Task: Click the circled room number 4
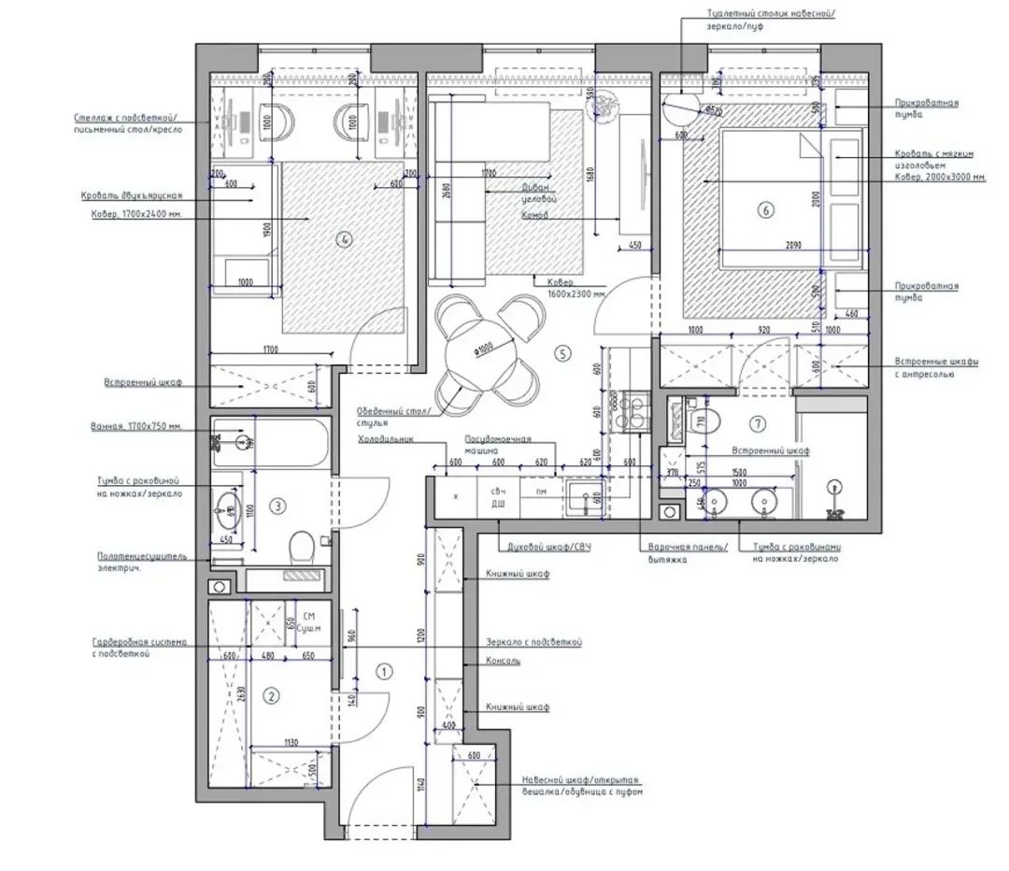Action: [346, 239]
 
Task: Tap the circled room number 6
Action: [766, 211]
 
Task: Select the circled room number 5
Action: [561, 352]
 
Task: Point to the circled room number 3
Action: [277, 507]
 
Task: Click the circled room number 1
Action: [383, 672]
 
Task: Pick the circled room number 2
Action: [271, 695]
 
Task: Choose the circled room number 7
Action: [758, 423]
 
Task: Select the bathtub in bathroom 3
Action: [270, 443]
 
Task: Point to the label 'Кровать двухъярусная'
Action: [130, 196]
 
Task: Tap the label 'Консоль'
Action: [504, 660]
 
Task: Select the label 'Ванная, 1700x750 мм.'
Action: [135, 427]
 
